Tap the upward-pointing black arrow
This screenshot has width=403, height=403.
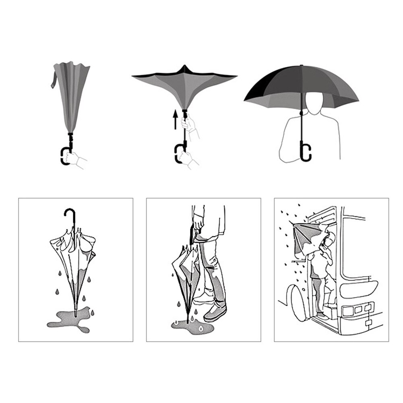point(175,120)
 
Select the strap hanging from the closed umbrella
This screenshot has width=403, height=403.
point(53,81)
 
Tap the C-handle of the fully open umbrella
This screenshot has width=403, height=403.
point(306,152)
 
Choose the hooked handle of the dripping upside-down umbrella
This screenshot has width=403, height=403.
point(69,215)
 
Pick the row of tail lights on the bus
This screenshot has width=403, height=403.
point(357,310)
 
